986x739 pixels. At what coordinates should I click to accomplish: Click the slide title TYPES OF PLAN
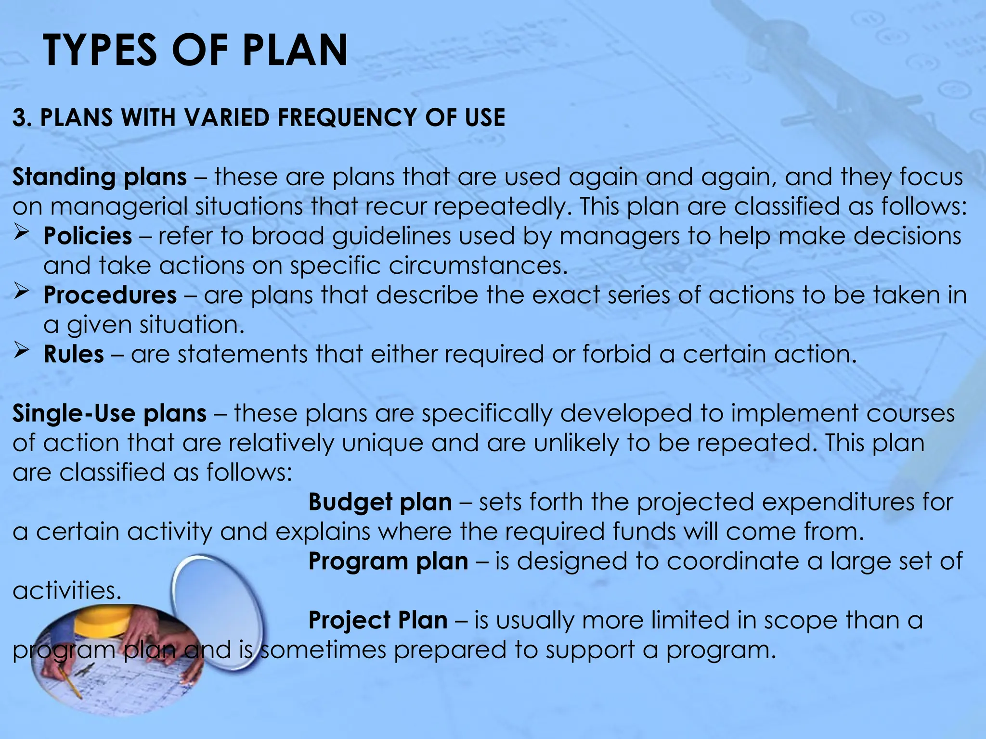point(195,50)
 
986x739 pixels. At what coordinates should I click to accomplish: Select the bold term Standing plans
point(100,177)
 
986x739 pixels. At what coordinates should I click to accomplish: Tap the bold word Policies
point(88,236)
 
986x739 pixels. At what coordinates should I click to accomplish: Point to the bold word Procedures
point(110,295)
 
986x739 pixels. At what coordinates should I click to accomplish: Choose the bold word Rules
point(74,355)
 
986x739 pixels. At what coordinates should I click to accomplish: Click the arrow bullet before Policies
point(22,234)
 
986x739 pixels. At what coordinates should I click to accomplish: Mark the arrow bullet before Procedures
point(22,293)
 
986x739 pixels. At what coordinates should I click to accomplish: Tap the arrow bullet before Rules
point(22,351)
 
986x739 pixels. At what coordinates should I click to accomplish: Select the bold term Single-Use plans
point(109,414)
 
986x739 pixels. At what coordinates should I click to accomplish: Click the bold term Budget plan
point(380,502)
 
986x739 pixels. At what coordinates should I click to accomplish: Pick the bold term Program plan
point(388,561)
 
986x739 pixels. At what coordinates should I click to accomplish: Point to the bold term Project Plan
point(378,620)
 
